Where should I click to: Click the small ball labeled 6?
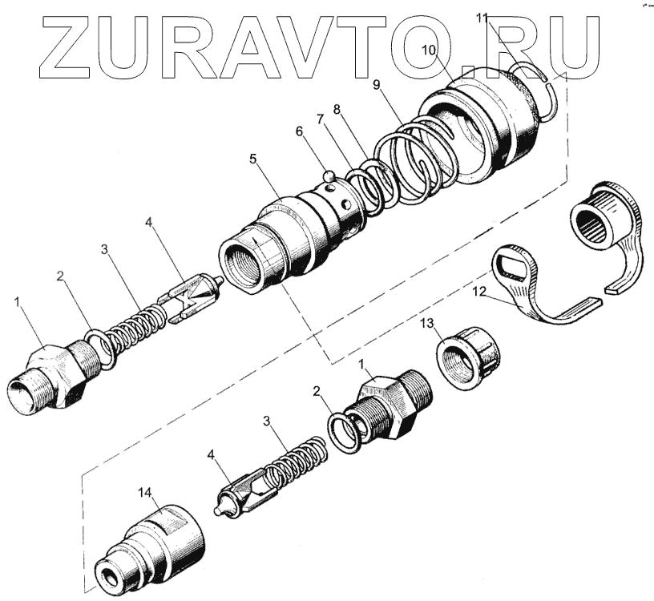(329, 175)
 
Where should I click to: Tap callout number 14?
(145, 493)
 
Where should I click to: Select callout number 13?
(426, 323)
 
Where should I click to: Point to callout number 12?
(479, 291)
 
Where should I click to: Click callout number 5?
(252, 159)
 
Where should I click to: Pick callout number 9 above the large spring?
(376, 85)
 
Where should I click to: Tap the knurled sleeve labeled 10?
(478, 121)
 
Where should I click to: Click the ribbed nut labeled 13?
(469, 358)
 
